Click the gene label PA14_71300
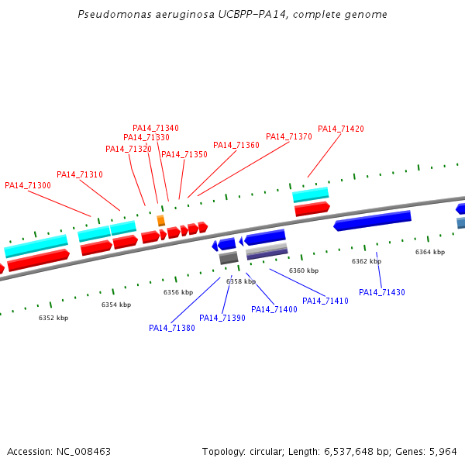pos(28,185)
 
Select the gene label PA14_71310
pos(79,174)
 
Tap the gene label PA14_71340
pos(155,128)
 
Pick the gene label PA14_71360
pos(236,145)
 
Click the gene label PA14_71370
pos(288,136)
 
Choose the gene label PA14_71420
pos(340,129)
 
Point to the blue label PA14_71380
pos(171,328)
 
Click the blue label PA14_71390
pos(222,318)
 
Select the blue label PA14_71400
pos(274,309)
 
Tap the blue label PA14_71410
pos(325,301)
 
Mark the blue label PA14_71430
pos(381,292)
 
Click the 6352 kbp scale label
pos(53,318)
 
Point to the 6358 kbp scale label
pos(241,281)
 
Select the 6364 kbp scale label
pos(430,252)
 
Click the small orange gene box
pos(161,221)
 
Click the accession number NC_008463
pos(84,451)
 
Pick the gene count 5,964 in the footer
pos(442,451)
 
